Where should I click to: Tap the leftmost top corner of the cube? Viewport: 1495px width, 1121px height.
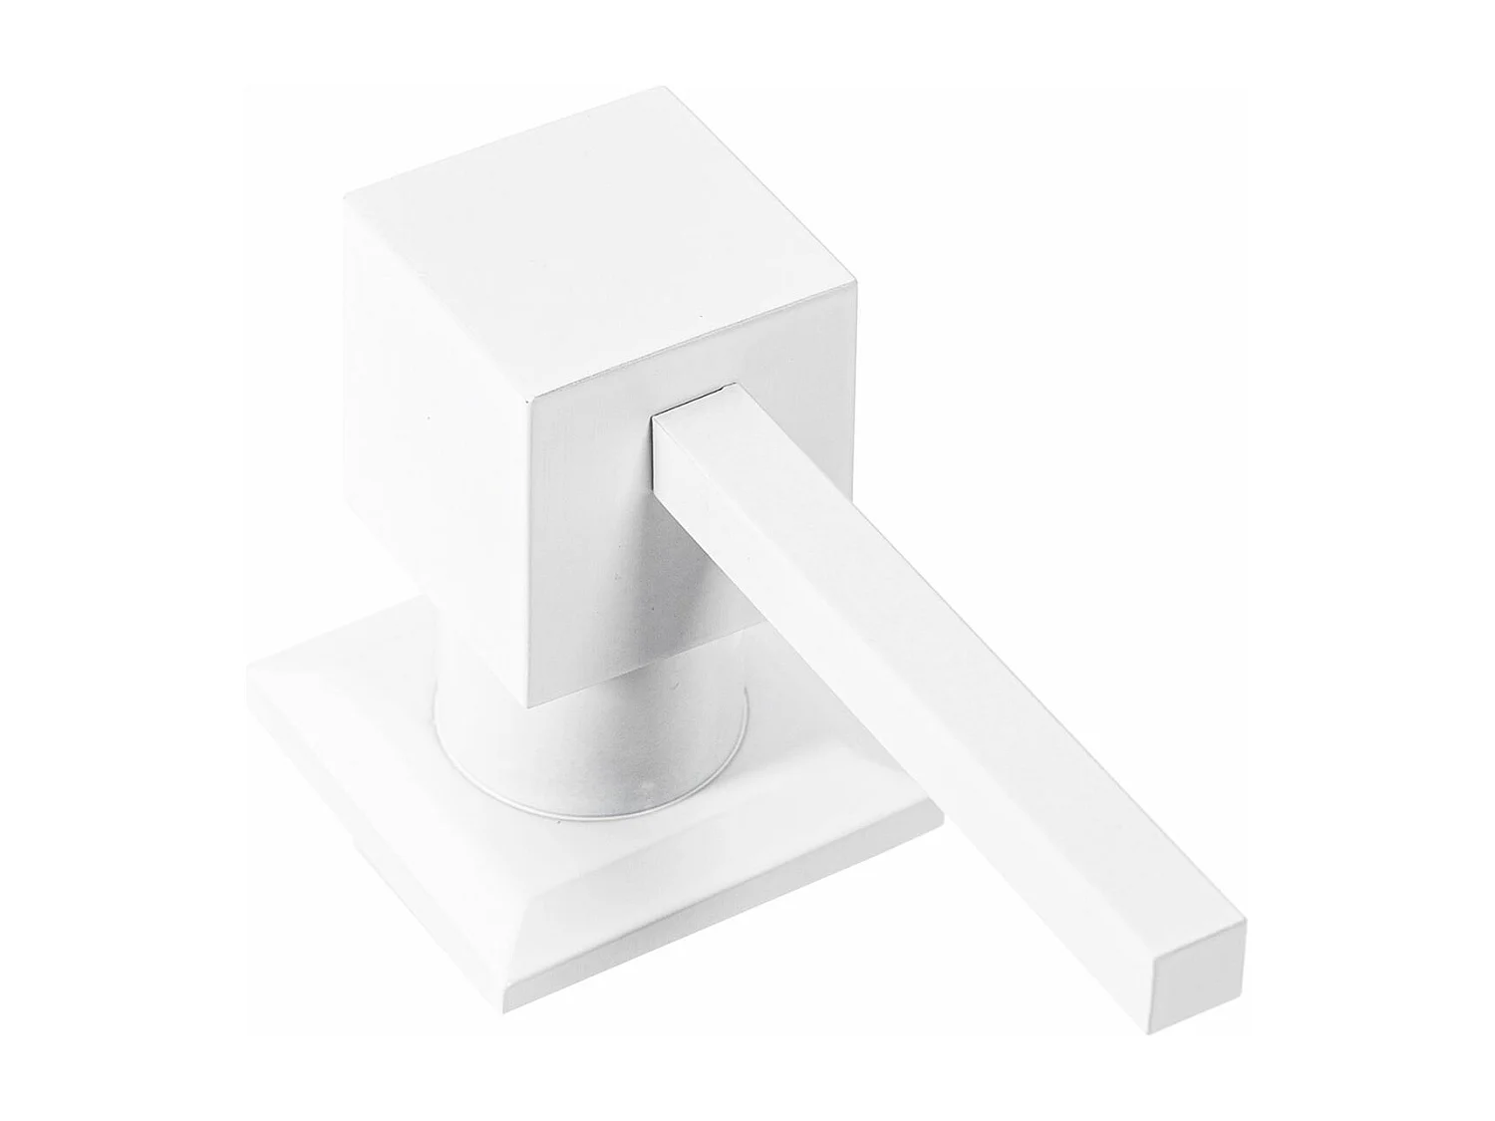coord(344,194)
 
